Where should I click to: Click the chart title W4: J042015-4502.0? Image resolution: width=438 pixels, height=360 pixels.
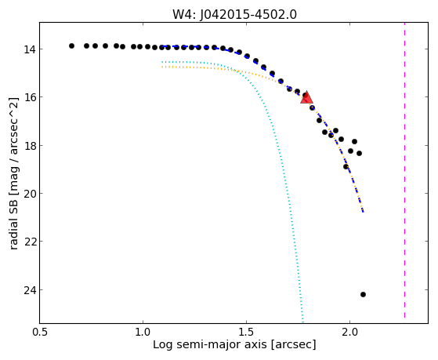coord(234,14)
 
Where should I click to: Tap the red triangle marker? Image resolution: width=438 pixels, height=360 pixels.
coord(306,97)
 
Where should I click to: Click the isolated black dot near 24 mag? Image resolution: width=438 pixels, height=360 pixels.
coord(363,294)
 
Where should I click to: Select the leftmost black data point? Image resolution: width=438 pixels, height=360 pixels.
coord(71,45)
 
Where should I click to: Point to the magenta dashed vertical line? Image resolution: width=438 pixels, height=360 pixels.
coord(404,173)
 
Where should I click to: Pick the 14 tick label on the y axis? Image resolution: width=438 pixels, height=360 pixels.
coord(29,49)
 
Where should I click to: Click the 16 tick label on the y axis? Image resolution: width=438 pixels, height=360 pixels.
coord(29,97)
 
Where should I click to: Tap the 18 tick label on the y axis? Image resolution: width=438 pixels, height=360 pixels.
coord(29,145)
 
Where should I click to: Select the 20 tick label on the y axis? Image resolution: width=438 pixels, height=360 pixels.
coord(29,194)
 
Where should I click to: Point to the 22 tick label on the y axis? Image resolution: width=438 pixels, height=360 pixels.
coord(29,242)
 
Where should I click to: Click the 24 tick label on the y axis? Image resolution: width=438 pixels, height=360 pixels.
coord(29,290)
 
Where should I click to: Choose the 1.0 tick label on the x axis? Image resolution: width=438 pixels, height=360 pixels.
coord(143,333)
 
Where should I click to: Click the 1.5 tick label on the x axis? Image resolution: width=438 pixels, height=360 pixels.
coord(246,333)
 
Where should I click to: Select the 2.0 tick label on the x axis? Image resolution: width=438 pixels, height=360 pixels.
coord(349,333)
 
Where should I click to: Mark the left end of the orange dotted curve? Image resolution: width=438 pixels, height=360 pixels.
coord(162,67)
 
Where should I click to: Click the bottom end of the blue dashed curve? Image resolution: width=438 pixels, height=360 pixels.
coord(363,212)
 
